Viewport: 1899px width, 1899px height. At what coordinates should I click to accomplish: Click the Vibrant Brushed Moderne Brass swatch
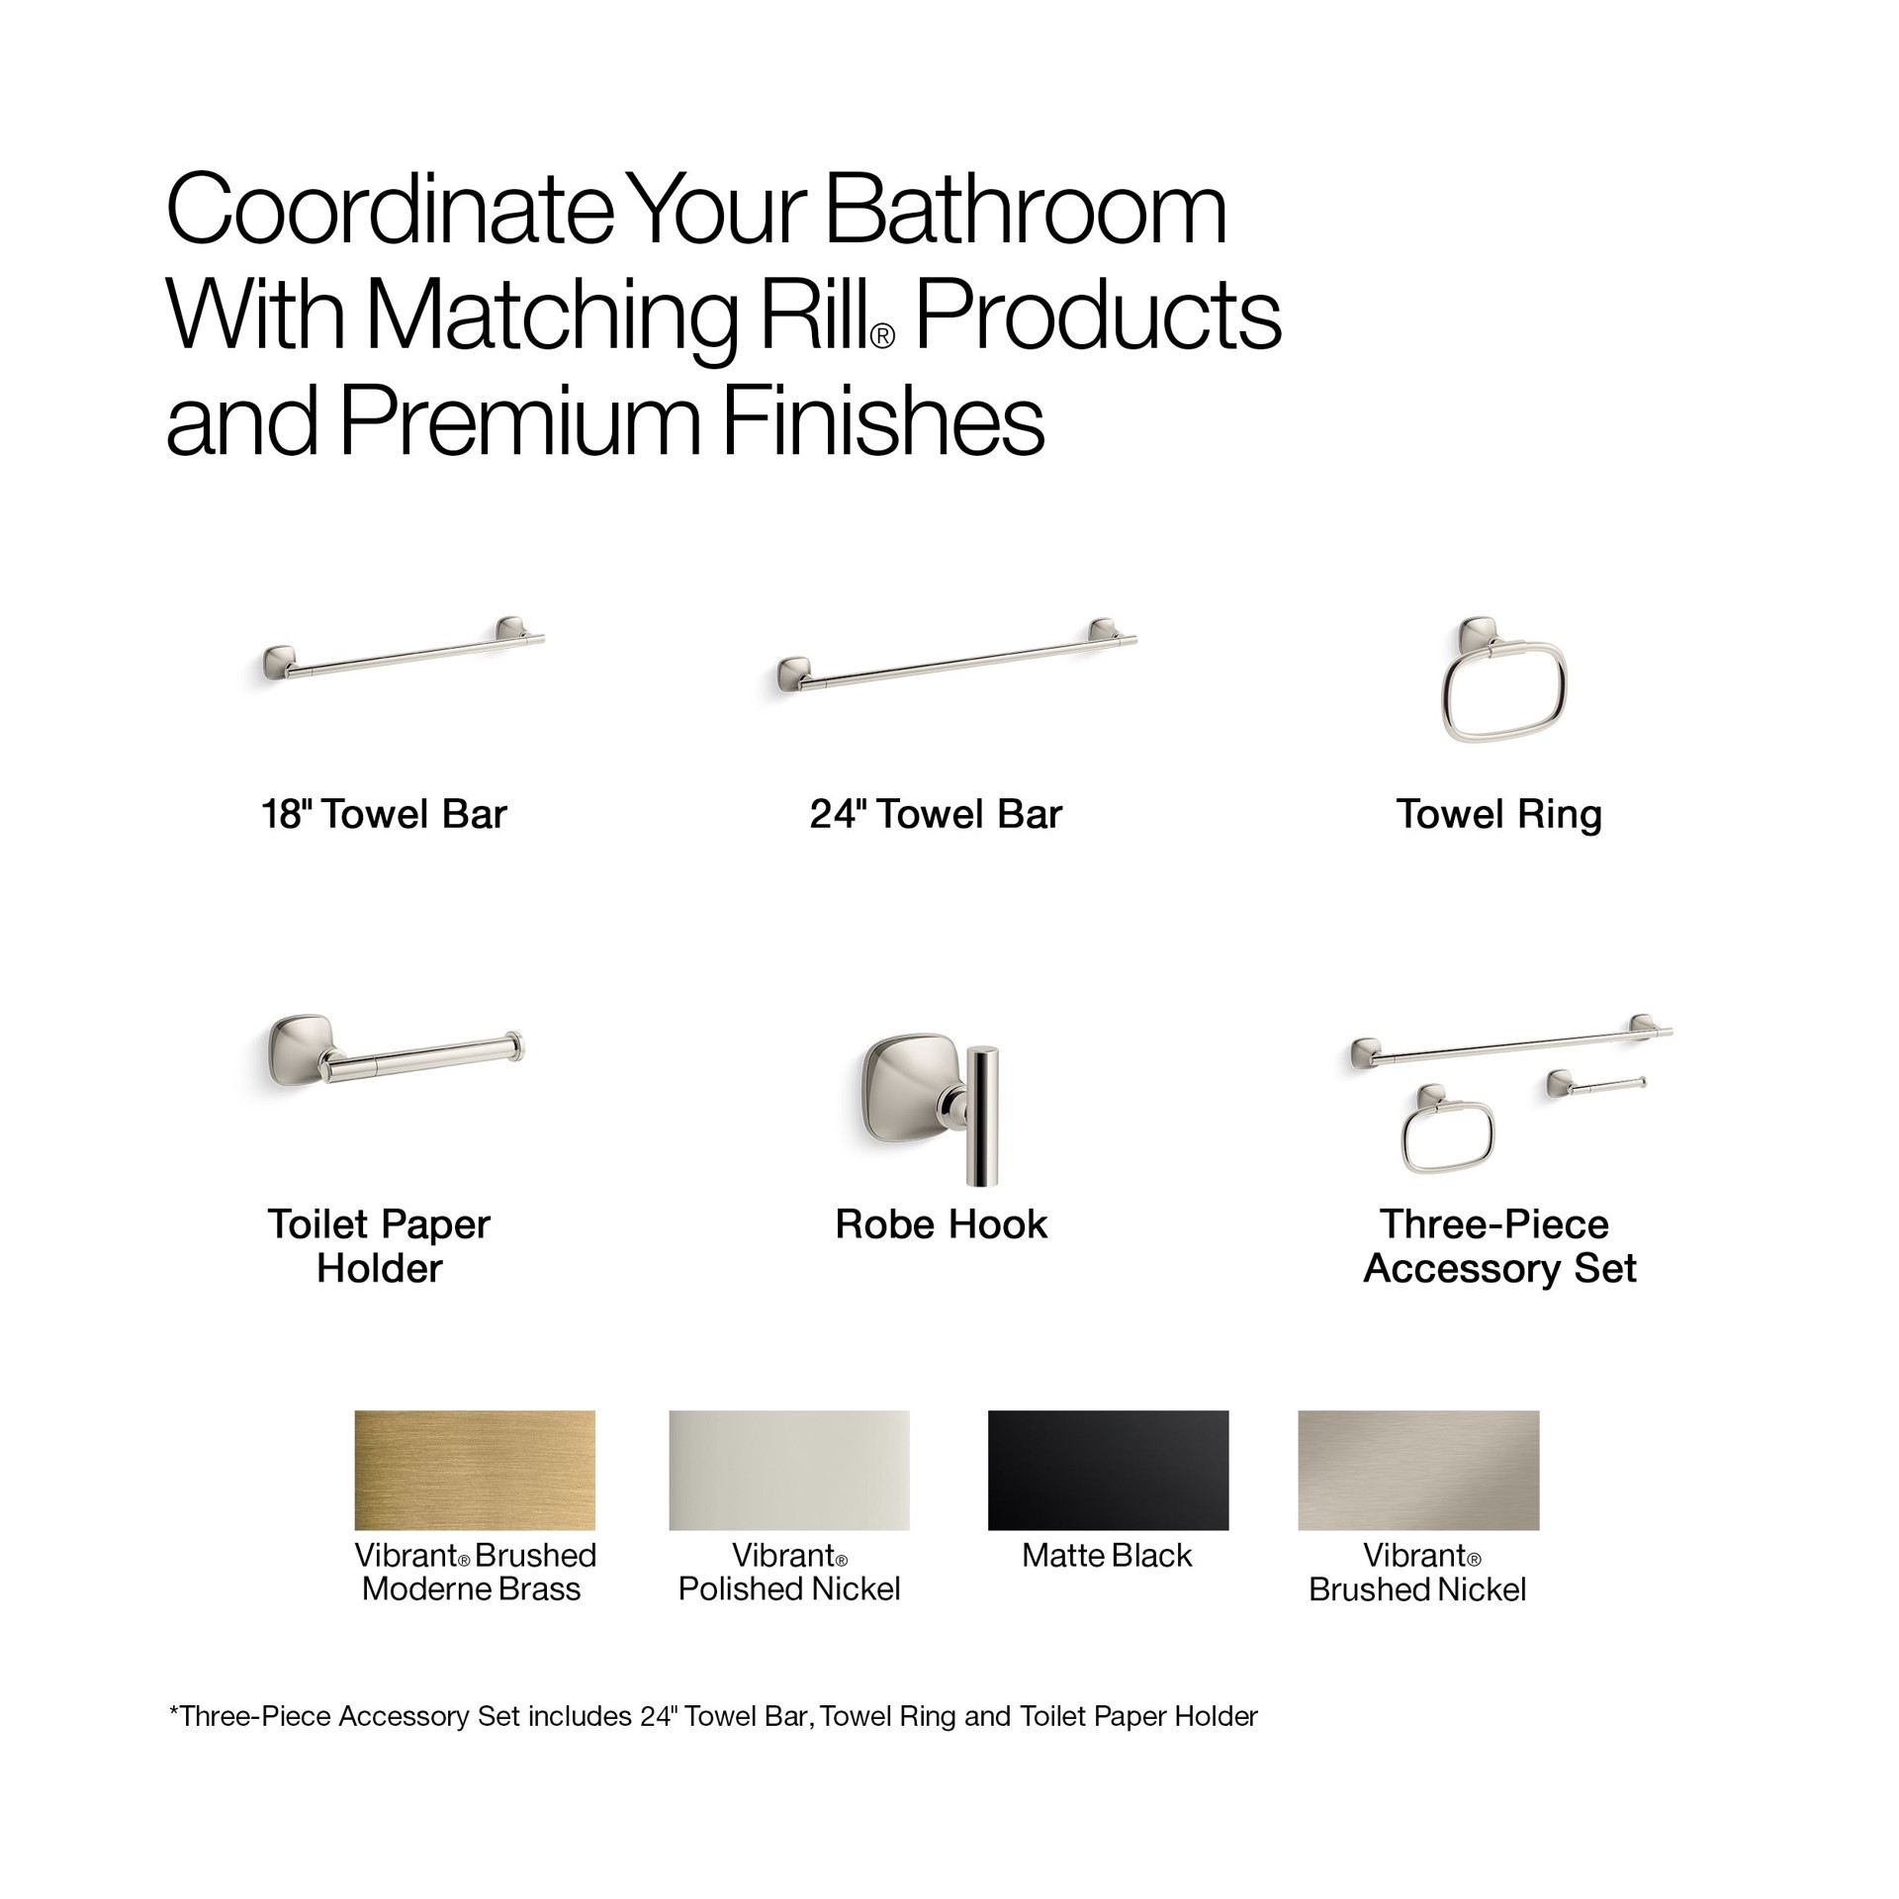click(475, 1470)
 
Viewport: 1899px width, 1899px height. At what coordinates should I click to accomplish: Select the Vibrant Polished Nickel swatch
click(788, 1470)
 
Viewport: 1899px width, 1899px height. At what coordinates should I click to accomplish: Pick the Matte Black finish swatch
click(1108, 1470)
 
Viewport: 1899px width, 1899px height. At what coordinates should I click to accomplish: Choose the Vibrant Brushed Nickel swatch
click(1418, 1470)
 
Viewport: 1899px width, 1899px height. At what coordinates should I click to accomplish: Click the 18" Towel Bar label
click(384, 815)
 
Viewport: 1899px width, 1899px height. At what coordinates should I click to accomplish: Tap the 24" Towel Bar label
click(936, 815)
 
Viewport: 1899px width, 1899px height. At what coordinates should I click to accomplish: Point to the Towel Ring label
click(1498, 815)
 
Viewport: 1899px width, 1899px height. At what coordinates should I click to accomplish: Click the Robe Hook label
click(941, 1224)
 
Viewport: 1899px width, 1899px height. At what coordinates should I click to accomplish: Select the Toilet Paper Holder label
click(379, 1246)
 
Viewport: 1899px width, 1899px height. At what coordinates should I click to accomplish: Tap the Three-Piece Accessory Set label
click(1499, 1246)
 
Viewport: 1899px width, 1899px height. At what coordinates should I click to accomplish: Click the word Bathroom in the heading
click(1025, 210)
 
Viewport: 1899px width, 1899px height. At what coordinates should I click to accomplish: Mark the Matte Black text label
click(1107, 1556)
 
